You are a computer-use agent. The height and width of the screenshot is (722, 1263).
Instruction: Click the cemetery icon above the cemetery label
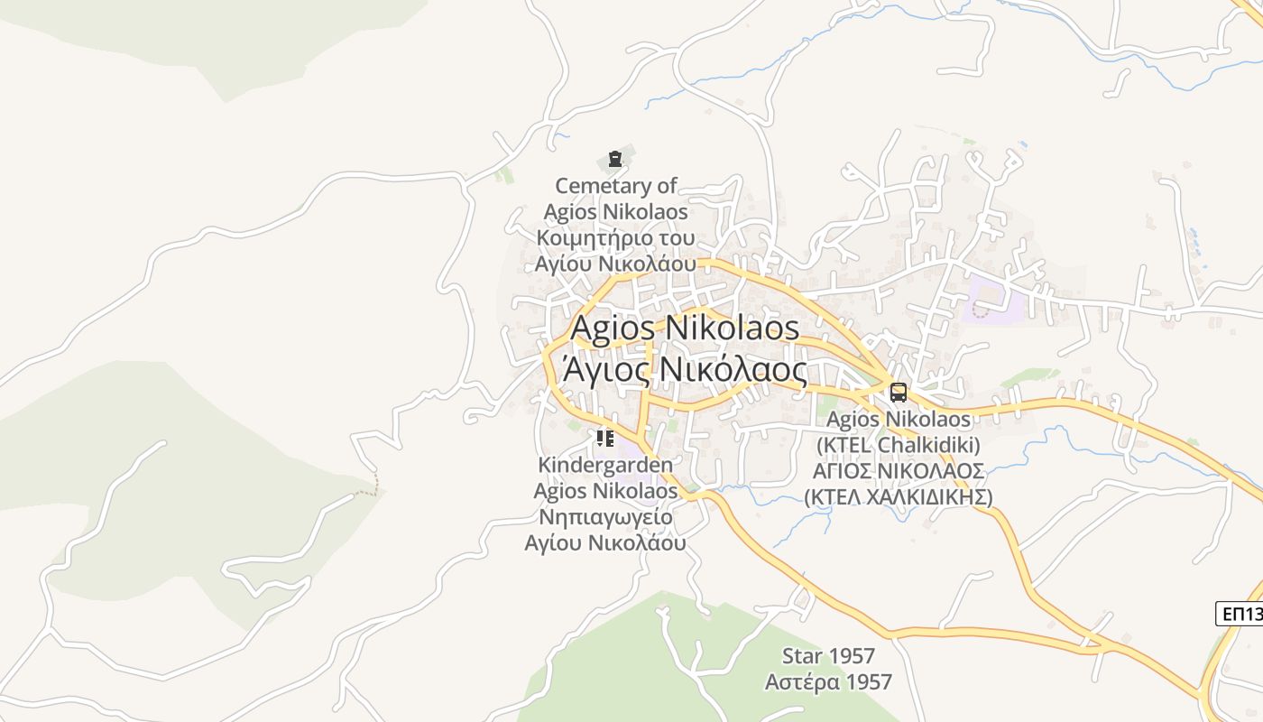point(615,160)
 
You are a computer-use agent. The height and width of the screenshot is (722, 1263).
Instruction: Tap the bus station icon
point(899,392)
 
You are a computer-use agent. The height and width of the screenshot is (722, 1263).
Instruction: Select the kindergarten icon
point(605,439)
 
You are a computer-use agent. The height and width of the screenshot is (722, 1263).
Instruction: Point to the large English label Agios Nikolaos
point(685,327)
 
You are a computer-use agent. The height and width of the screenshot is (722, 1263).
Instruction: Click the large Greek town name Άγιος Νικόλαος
point(685,369)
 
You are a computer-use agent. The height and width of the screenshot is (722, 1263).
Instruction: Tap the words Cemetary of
point(616,186)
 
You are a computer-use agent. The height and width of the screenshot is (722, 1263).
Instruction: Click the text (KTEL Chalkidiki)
point(899,445)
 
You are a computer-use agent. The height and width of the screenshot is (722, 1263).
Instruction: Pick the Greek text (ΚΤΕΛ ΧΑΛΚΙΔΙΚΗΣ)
point(899,497)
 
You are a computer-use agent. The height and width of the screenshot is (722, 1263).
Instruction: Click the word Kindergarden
point(605,465)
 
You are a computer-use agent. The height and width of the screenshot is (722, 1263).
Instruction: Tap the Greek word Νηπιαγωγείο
point(605,517)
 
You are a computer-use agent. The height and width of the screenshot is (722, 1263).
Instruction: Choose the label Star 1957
point(828,655)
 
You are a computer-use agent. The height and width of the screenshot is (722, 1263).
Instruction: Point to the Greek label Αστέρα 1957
point(828,681)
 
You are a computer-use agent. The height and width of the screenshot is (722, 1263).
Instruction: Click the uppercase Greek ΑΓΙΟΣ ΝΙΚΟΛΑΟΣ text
point(899,471)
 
